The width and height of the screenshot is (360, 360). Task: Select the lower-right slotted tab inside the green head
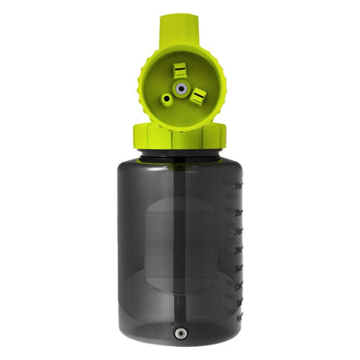coord(197,96)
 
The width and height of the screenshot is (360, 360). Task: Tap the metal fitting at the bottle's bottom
coord(180,332)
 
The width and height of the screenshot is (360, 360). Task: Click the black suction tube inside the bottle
coord(180,242)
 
